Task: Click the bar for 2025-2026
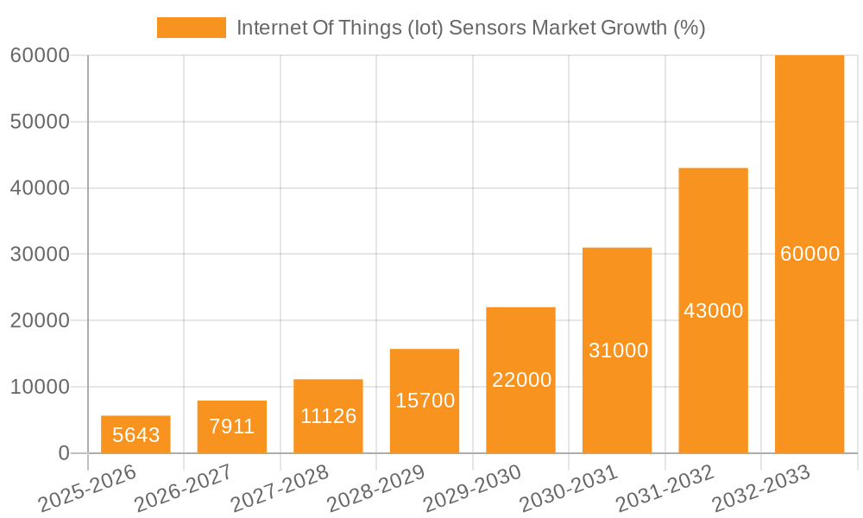pyautogui.click(x=135, y=434)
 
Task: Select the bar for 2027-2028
pyautogui.click(x=328, y=416)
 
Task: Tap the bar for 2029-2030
pyautogui.click(x=520, y=380)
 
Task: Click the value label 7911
pyautogui.click(x=232, y=426)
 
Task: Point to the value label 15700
pyautogui.click(x=425, y=401)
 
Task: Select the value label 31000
pyautogui.click(x=618, y=351)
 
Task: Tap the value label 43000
pyautogui.click(x=713, y=311)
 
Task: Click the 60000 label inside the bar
pyautogui.click(x=809, y=254)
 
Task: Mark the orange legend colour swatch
pyautogui.click(x=191, y=28)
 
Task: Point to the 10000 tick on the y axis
pyautogui.click(x=39, y=387)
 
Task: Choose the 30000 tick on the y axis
pyautogui.click(x=39, y=254)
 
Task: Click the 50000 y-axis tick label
pyautogui.click(x=39, y=122)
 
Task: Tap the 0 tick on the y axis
pyautogui.click(x=63, y=453)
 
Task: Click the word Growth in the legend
pyautogui.click(x=635, y=28)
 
